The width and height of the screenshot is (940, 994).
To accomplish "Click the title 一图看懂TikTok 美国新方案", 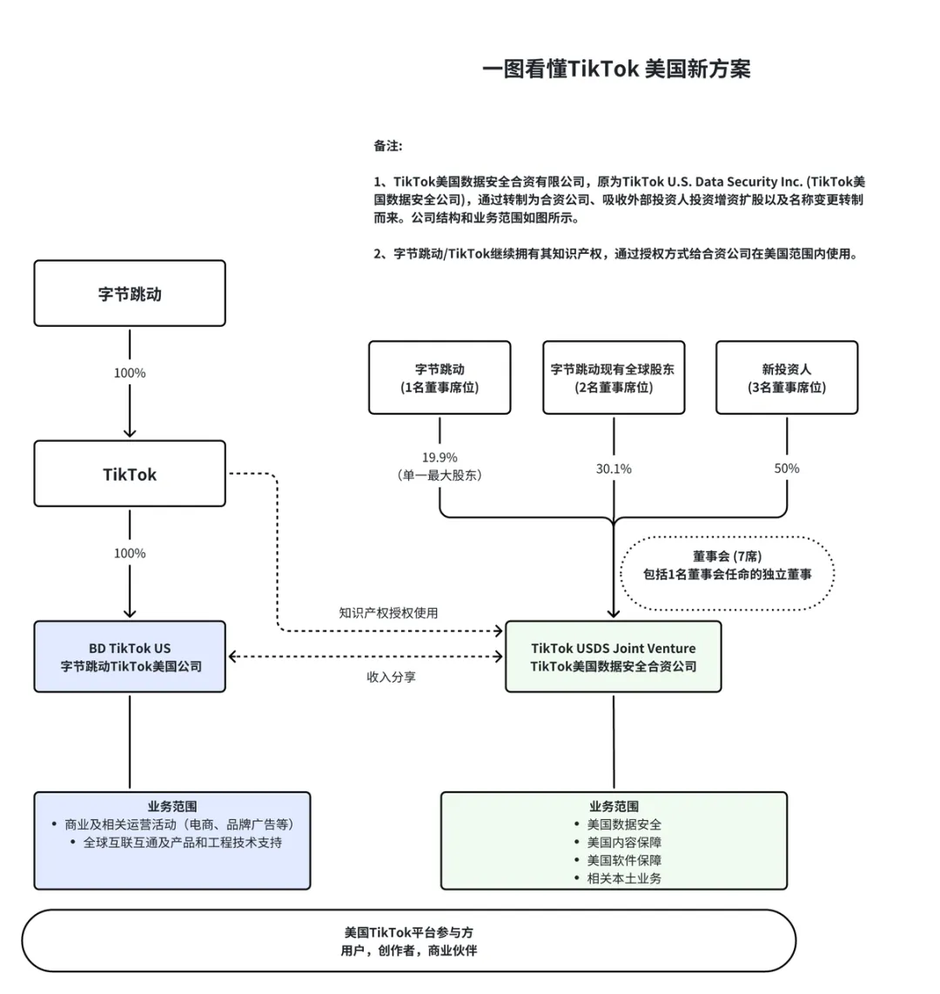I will click(x=615, y=70).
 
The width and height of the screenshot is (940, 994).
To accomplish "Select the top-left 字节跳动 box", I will click(x=130, y=294).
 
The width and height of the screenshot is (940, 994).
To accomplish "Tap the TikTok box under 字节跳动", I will click(x=130, y=474).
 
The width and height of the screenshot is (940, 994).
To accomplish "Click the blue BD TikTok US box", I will click(x=130, y=657).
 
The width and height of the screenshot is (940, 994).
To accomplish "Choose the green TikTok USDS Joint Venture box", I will click(x=614, y=657).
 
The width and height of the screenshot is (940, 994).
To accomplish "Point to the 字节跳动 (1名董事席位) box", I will click(x=440, y=377).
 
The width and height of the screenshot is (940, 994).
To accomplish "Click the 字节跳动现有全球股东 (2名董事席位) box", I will click(x=614, y=377).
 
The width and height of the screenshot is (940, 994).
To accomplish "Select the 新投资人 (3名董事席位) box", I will click(x=787, y=377).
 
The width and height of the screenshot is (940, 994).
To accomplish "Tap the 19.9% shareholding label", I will click(x=440, y=458).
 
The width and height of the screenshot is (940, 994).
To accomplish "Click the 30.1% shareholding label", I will click(x=614, y=469).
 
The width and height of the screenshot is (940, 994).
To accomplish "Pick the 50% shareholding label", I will click(x=787, y=468).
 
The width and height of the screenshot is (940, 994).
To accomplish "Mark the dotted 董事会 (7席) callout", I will click(x=727, y=565).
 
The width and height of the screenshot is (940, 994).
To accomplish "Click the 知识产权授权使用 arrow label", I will click(x=388, y=613).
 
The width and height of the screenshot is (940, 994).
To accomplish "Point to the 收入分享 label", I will click(x=391, y=677).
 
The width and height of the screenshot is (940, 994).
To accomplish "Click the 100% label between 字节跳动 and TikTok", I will click(x=130, y=373).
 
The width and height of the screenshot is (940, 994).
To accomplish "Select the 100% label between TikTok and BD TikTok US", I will click(x=130, y=553).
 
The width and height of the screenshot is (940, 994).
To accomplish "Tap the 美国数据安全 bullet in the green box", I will click(x=624, y=824).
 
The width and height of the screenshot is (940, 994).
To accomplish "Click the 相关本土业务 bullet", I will click(x=624, y=878).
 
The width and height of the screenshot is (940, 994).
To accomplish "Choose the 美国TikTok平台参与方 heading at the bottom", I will click(x=409, y=932).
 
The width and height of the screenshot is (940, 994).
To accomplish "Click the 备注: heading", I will click(x=388, y=146).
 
